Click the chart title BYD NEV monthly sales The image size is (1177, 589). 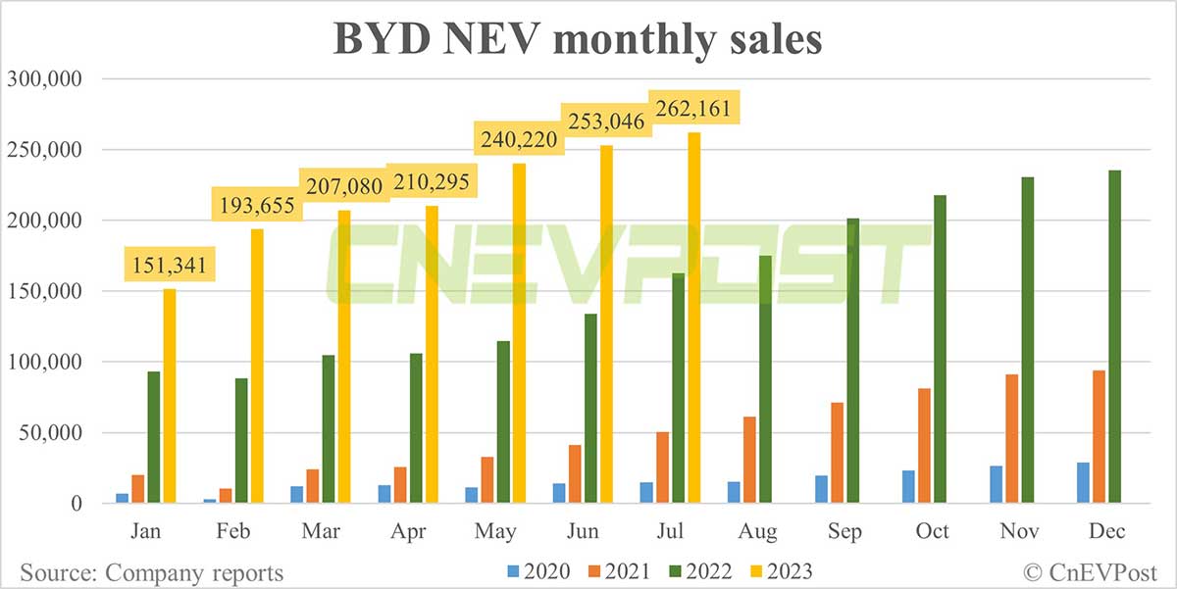578,41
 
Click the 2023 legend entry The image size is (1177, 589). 775,569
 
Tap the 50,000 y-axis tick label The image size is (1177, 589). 49,433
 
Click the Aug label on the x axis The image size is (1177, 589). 756,531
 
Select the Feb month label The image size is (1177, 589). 231,531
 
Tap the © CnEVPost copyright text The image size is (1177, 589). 1090,571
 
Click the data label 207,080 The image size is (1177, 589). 339,184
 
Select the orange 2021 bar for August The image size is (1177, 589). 750,460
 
